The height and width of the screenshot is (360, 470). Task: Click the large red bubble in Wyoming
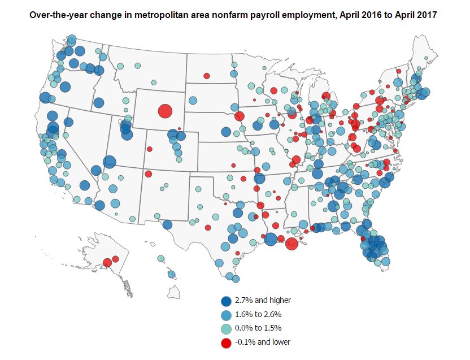(164, 111)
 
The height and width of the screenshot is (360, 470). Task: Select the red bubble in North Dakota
(207, 76)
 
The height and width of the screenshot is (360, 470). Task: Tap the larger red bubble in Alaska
(107, 262)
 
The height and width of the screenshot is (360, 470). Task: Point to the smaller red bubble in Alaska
(115, 259)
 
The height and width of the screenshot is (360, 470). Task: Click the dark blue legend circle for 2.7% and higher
(226, 301)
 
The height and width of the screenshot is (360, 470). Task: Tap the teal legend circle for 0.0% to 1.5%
(226, 328)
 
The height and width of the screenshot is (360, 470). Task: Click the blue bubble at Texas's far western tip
(167, 224)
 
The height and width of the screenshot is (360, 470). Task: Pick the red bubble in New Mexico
(148, 174)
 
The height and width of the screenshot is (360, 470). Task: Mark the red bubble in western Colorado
(150, 149)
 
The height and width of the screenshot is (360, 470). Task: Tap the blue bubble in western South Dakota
(193, 101)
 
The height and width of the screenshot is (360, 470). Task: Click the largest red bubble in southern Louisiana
(291, 244)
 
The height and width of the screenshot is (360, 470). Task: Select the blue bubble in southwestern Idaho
(99, 103)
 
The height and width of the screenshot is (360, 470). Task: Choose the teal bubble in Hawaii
(161, 259)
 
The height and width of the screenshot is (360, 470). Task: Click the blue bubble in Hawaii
(171, 275)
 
